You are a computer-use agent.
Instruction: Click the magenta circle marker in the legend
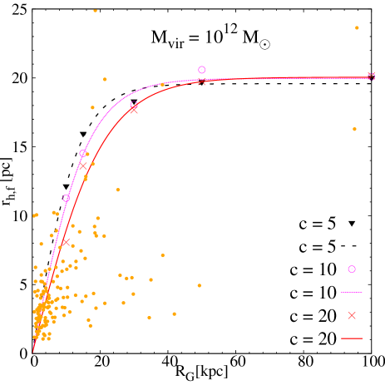point(352,269)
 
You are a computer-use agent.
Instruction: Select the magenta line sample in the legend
point(352,293)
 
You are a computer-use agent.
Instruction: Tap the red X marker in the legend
point(352,316)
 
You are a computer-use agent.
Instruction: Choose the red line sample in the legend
point(352,338)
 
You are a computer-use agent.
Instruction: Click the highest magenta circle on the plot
point(202,70)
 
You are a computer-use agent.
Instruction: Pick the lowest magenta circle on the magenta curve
point(67,198)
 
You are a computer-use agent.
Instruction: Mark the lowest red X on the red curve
point(65,242)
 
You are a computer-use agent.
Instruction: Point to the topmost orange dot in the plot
point(96,11)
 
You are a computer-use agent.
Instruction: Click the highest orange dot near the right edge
point(357,28)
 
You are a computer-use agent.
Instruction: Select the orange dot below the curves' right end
point(354,129)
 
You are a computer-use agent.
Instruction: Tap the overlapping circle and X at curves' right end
point(371,77)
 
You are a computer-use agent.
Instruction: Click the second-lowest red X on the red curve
point(83,166)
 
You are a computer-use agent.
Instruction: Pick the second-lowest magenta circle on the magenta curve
point(83,153)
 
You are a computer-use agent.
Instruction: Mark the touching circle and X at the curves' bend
point(134,106)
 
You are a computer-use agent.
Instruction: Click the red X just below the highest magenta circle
point(202,81)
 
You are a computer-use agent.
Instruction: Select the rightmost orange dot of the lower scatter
point(200,285)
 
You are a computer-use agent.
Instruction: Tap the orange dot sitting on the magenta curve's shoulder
point(162,84)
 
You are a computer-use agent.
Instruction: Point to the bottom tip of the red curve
point(33,351)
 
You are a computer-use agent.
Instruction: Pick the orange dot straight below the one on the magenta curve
point(162,255)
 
